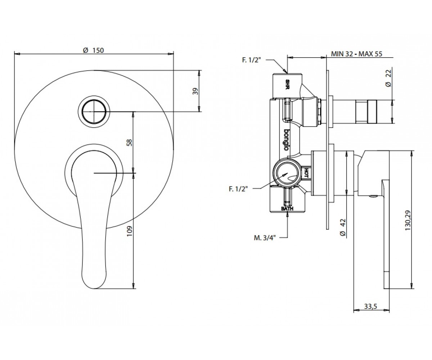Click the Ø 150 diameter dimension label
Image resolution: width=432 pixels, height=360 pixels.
coord(93,50)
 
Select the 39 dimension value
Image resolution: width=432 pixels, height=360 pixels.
coord(195,91)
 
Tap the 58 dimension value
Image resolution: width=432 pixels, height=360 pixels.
coord(129,143)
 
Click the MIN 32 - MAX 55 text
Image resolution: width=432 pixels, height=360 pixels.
coord(356,54)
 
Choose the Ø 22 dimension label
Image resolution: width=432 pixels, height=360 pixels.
coord(388,78)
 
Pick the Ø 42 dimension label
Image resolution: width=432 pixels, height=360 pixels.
coord(343,227)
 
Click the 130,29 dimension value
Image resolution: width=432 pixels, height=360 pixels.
coord(408,221)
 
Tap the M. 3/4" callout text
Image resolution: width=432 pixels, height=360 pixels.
coord(265,238)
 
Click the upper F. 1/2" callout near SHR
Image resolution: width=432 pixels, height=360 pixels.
coord(251,60)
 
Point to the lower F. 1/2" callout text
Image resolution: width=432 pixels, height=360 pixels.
coord(238,189)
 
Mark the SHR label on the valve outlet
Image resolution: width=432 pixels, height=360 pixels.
coord(287,84)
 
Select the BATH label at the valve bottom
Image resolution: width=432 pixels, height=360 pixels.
coord(287,209)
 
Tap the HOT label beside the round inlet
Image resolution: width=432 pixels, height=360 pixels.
coord(306,173)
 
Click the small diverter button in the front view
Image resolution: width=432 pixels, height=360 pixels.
coord(94,112)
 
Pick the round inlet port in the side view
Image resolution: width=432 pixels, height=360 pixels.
coord(287,173)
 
